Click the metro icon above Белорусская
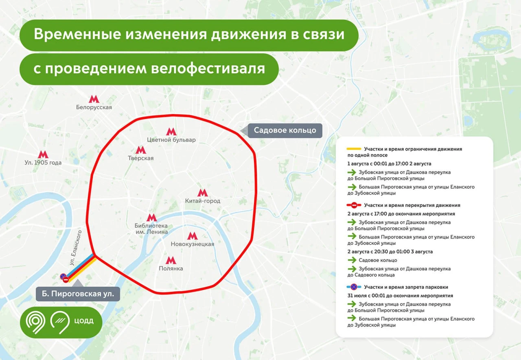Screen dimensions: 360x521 tap(94, 99)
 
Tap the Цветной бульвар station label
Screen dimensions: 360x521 tap(171, 140)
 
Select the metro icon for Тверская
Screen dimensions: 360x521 tap(141, 150)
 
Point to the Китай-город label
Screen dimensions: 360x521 tap(203, 201)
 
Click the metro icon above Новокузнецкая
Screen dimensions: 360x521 tap(193, 236)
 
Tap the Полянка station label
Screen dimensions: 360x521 tap(171, 268)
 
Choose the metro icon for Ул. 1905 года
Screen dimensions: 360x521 tap(43, 154)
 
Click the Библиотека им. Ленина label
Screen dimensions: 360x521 tap(151, 229)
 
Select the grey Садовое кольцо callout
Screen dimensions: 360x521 tap(285, 130)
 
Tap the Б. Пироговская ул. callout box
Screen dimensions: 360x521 tap(78, 293)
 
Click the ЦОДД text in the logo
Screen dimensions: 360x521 tap(83, 320)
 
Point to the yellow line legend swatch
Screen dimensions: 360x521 tap(353, 149)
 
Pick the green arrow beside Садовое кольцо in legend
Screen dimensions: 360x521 tap(352, 260)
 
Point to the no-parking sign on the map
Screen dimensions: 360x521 tap(63, 277)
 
